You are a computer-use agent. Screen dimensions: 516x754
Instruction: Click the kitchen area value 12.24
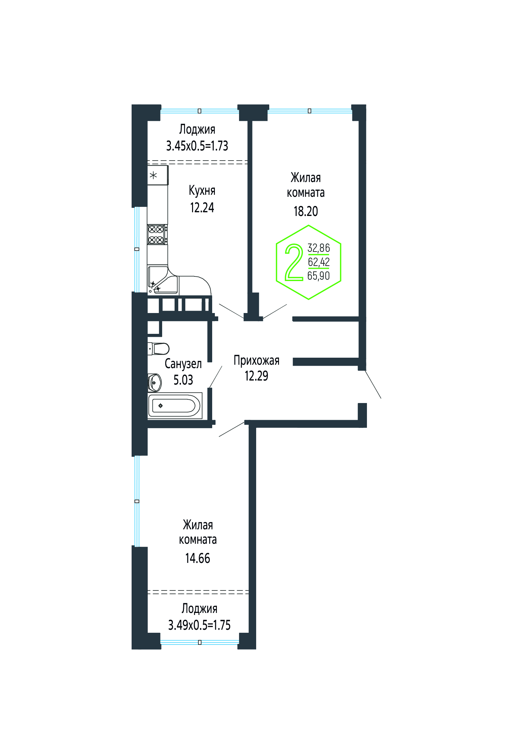point(202,208)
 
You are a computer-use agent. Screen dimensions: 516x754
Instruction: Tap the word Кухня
point(202,190)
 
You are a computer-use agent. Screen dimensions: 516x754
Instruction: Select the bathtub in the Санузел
point(175,405)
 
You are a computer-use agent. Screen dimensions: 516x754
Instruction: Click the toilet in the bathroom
point(158,349)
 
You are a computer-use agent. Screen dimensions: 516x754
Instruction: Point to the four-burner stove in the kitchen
point(157,234)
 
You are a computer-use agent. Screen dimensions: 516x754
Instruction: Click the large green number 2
point(294,262)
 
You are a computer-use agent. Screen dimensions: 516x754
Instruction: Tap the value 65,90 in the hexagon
point(319,276)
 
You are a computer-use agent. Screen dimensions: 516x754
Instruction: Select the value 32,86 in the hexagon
point(319,248)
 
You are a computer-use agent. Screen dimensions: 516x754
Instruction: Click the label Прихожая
point(256,360)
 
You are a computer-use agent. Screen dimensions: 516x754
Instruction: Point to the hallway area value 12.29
point(256,376)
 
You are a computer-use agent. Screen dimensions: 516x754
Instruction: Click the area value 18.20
point(306,211)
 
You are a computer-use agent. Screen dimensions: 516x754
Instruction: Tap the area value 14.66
point(197,558)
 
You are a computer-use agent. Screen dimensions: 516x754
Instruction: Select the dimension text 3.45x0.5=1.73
point(197,146)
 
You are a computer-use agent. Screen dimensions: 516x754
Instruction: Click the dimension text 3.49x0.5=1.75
point(199,625)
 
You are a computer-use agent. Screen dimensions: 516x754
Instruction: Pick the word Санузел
point(183,364)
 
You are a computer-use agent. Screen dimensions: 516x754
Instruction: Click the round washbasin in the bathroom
point(155,383)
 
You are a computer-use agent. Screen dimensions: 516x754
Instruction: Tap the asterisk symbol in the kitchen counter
point(153,175)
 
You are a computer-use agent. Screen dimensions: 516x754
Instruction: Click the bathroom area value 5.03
point(183,380)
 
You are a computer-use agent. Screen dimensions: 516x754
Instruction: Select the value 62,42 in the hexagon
point(319,262)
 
